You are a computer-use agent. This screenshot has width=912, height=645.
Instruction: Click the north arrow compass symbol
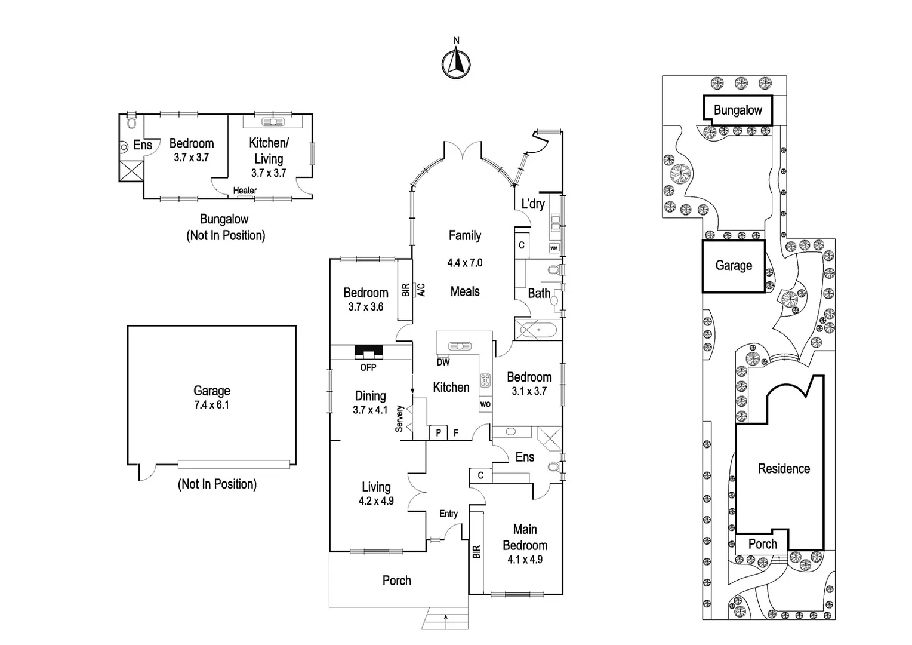click(x=456, y=63)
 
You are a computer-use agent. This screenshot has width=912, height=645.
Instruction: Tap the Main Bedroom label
click(x=525, y=537)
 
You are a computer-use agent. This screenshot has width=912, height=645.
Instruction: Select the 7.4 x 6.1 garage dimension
click(x=212, y=405)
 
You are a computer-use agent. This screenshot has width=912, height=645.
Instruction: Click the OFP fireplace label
click(x=368, y=367)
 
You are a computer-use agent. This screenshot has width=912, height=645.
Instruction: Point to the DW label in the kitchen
click(x=443, y=362)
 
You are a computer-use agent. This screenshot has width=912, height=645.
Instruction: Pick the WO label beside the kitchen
click(x=485, y=404)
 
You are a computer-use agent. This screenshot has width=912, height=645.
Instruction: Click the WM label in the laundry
click(x=554, y=248)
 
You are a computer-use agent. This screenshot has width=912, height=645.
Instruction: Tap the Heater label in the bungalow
click(x=245, y=191)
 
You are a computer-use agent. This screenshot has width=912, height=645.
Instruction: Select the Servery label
click(x=399, y=418)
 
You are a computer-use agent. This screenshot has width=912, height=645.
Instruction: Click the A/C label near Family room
click(x=421, y=290)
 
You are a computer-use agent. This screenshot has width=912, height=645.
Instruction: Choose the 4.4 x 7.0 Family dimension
click(x=465, y=263)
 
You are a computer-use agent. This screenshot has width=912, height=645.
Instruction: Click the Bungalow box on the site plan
click(x=738, y=110)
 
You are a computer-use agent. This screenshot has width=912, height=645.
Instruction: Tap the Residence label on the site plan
click(x=784, y=469)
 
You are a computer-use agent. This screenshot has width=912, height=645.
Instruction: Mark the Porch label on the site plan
click(x=763, y=544)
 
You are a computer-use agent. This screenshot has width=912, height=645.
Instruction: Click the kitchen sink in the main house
click(x=460, y=346)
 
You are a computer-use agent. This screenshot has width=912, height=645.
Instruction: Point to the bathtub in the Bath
click(x=538, y=330)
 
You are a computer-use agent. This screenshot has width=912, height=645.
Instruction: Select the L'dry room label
click(x=533, y=203)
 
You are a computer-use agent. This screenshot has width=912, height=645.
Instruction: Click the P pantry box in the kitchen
click(x=439, y=433)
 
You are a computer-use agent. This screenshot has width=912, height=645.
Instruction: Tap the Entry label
click(x=448, y=514)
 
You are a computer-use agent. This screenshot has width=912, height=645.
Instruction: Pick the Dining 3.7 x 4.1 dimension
click(x=370, y=410)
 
